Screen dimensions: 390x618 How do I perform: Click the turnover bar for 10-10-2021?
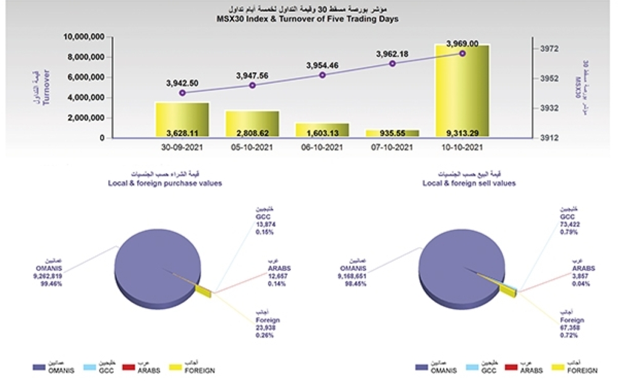pyautogui.click(x=462, y=90)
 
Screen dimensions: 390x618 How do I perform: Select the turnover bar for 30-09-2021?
pyautogui.click(x=182, y=121)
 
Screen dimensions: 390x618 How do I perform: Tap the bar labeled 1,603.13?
pyautogui.click(x=322, y=132)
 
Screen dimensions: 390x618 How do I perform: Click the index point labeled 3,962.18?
pyautogui.click(x=392, y=63)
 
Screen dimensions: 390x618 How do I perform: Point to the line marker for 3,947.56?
pyautogui.click(x=252, y=85)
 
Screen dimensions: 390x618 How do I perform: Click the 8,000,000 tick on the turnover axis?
pyautogui.click(x=85, y=57)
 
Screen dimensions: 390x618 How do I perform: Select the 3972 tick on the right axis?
pyautogui.click(x=549, y=48)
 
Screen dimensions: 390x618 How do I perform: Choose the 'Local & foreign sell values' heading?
pyautogui.click(x=469, y=184)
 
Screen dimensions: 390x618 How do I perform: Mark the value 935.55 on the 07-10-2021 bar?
pyautogui.click(x=392, y=132)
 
